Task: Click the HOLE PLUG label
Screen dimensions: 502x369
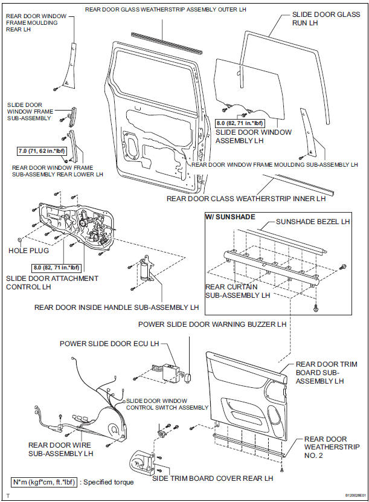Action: (x=27, y=249)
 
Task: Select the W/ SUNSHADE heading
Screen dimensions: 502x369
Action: (x=230, y=217)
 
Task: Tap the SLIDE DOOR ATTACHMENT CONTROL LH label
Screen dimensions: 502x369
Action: (x=51, y=283)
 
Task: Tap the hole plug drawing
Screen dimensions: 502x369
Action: (x=21, y=240)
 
